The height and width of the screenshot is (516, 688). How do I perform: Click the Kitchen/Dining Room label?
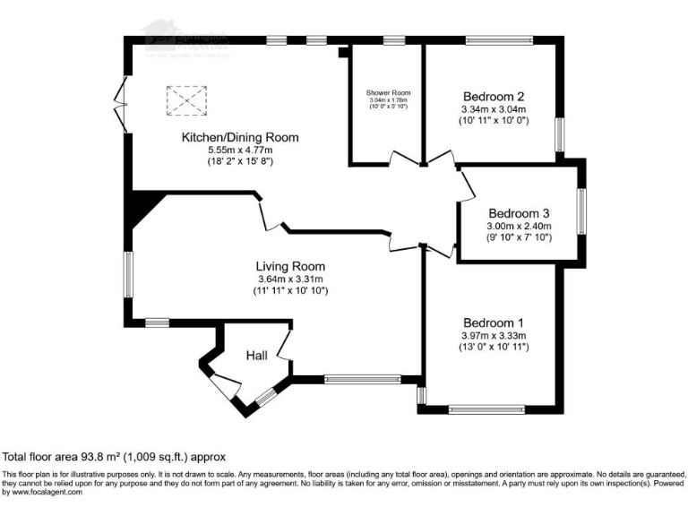click(x=239, y=137)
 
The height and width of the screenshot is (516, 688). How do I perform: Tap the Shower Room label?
click(x=388, y=93)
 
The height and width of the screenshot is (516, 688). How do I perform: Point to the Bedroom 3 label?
click(x=518, y=214)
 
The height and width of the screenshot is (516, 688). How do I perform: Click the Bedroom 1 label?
click(x=493, y=323)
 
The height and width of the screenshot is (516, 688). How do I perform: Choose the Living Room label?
click(x=290, y=266)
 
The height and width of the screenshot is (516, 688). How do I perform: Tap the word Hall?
click(x=257, y=357)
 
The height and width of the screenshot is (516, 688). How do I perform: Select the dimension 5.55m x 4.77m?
click(x=239, y=150)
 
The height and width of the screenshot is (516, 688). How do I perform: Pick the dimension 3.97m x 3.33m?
click(x=493, y=336)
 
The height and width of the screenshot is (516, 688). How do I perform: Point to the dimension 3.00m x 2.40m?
click(x=518, y=227)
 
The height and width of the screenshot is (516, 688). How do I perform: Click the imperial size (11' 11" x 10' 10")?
click(x=290, y=291)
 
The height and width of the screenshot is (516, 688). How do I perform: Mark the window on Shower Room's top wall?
click(x=393, y=39)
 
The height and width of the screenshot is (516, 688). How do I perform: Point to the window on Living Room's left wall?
click(x=128, y=274)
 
